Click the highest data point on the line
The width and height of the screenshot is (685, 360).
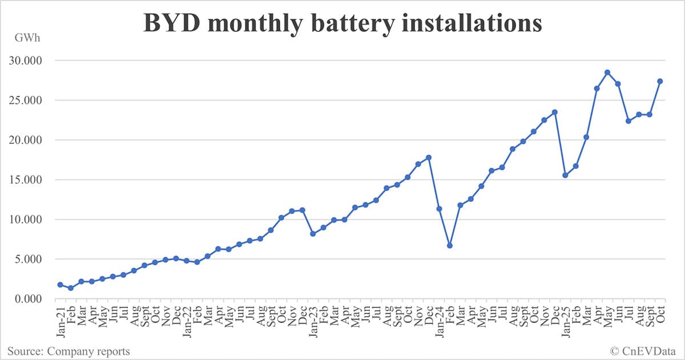[x=607, y=72]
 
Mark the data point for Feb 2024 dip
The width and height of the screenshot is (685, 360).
[x=450, y=245]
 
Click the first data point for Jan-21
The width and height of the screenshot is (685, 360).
[x=60, y=285]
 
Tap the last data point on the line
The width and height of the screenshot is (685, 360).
[x=660, y=81]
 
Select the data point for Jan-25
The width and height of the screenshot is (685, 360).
[x=565, y=175]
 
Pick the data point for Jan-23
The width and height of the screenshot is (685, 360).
[x=313, y=234]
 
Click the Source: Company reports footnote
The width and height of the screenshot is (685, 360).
[x=68, y=351]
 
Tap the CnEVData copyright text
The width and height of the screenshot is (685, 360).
[x=642, y=351]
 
